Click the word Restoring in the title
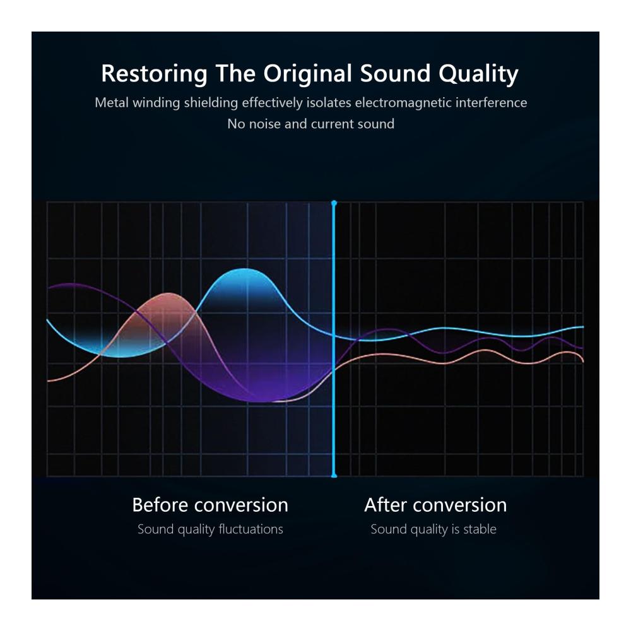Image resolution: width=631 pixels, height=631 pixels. click(154, 74)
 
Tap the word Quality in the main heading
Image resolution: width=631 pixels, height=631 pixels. click(478, 74)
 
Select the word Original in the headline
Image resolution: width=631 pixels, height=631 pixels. click(307, 74)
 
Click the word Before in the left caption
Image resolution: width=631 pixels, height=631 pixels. click(160, 505)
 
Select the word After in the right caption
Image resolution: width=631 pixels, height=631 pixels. click(386, 505)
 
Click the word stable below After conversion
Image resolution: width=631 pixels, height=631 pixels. click(480, 529)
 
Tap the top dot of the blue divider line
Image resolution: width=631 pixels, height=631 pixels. click(334, 203)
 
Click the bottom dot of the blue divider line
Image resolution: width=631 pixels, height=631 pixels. click(334, 476)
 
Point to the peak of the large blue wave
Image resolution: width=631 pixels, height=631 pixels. click(245, 269)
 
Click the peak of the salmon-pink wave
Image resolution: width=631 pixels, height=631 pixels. click(168, 293)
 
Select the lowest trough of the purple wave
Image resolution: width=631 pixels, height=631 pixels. click(262, 401)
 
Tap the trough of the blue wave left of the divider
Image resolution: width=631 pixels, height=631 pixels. click(121, 357)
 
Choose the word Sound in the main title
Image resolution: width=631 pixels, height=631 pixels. click(395, 74)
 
